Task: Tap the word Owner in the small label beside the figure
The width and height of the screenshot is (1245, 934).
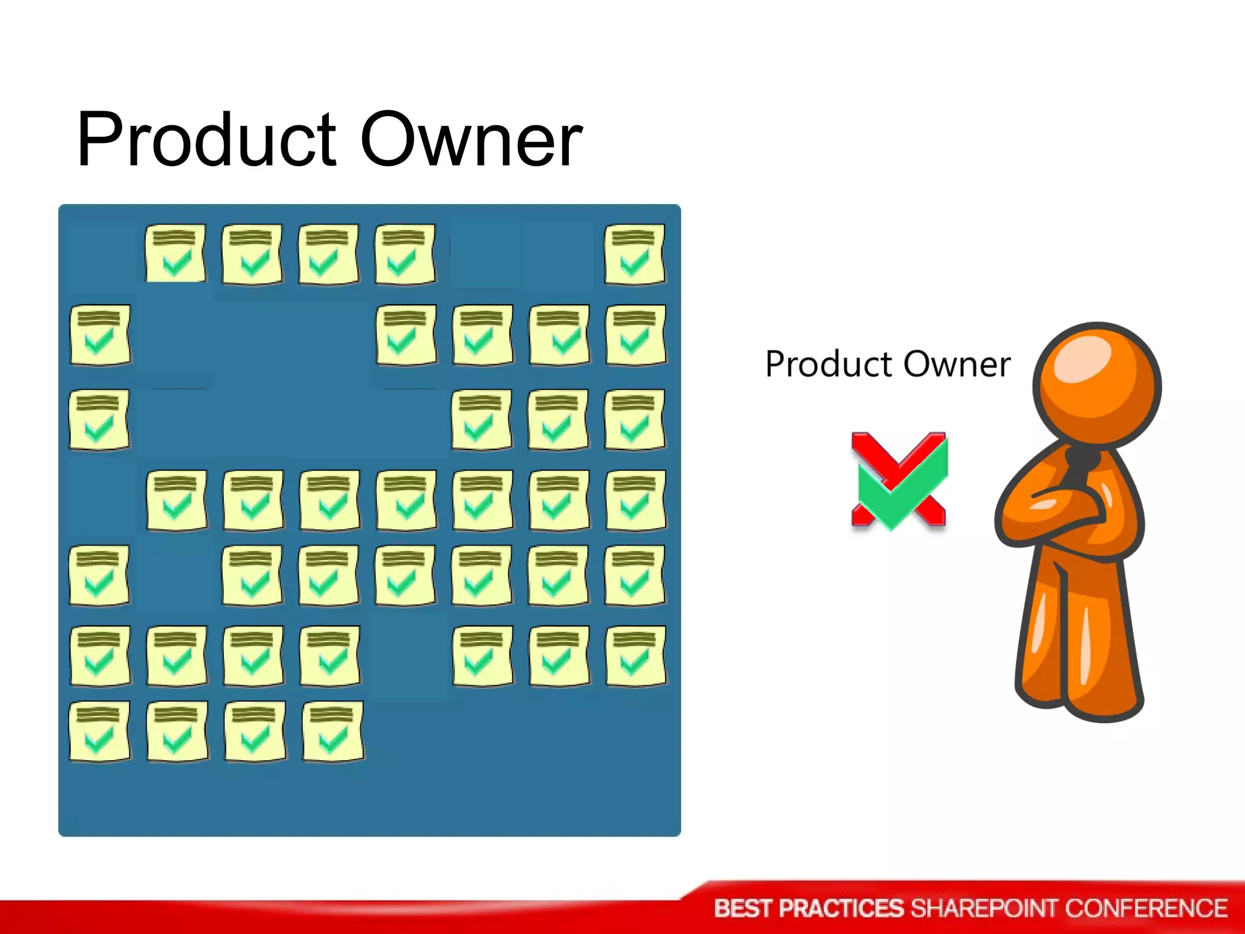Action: point(957,365)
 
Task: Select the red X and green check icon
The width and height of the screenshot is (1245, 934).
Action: point(899,480)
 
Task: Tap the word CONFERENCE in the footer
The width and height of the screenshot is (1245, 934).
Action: point(1146,908)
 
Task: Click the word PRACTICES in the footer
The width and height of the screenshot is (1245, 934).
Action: point(841,908)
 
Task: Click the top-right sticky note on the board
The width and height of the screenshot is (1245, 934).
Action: point(635,254)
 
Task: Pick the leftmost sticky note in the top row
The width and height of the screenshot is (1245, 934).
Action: point(176,254)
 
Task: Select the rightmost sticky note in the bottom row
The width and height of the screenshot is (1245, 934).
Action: point(333,732)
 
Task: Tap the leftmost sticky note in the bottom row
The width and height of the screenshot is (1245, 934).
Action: point(100,732)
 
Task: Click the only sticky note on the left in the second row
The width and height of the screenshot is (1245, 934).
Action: point(100,335)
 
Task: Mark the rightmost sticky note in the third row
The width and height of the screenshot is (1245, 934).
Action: point(635,420)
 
